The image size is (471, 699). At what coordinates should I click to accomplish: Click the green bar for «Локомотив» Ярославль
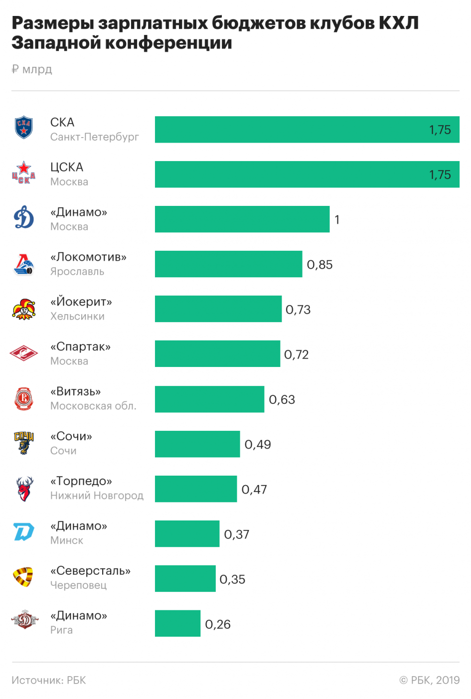tap(228, 264)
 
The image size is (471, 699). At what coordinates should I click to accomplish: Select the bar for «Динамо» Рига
tap(177, 623)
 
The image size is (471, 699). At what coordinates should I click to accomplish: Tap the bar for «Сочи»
tap(197, 444)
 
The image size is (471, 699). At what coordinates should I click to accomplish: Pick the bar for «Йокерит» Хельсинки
tap(218, 309)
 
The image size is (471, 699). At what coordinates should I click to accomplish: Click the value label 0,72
tap(297, 354)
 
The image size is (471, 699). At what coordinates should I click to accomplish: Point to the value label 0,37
tap(237, 534)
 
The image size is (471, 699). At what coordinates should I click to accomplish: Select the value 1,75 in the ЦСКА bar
tap(440, 175)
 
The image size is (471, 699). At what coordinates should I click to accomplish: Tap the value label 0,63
tap(282, 399)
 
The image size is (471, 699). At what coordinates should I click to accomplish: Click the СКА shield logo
tap(24, 127)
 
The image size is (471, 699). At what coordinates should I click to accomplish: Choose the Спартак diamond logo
tap(24, 353)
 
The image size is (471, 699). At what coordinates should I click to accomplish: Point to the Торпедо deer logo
tap(24, 489)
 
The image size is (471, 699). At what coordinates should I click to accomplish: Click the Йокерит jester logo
tap(24, 309)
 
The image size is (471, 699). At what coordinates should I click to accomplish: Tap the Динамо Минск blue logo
tap(24, 532)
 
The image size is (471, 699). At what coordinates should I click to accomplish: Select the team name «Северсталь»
tap(90, 570)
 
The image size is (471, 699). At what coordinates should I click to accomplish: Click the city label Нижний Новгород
tap(97, 495)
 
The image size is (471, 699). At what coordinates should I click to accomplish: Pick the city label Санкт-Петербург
tap(95, 137)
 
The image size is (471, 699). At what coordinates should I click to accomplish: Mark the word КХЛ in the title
tap(399, 23)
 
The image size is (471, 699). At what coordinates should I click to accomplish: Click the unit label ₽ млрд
tap(32, 69)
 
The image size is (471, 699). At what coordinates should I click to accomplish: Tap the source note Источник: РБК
tap(49, 680)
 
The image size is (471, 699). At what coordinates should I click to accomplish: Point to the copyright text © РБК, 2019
tap(430, 680)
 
